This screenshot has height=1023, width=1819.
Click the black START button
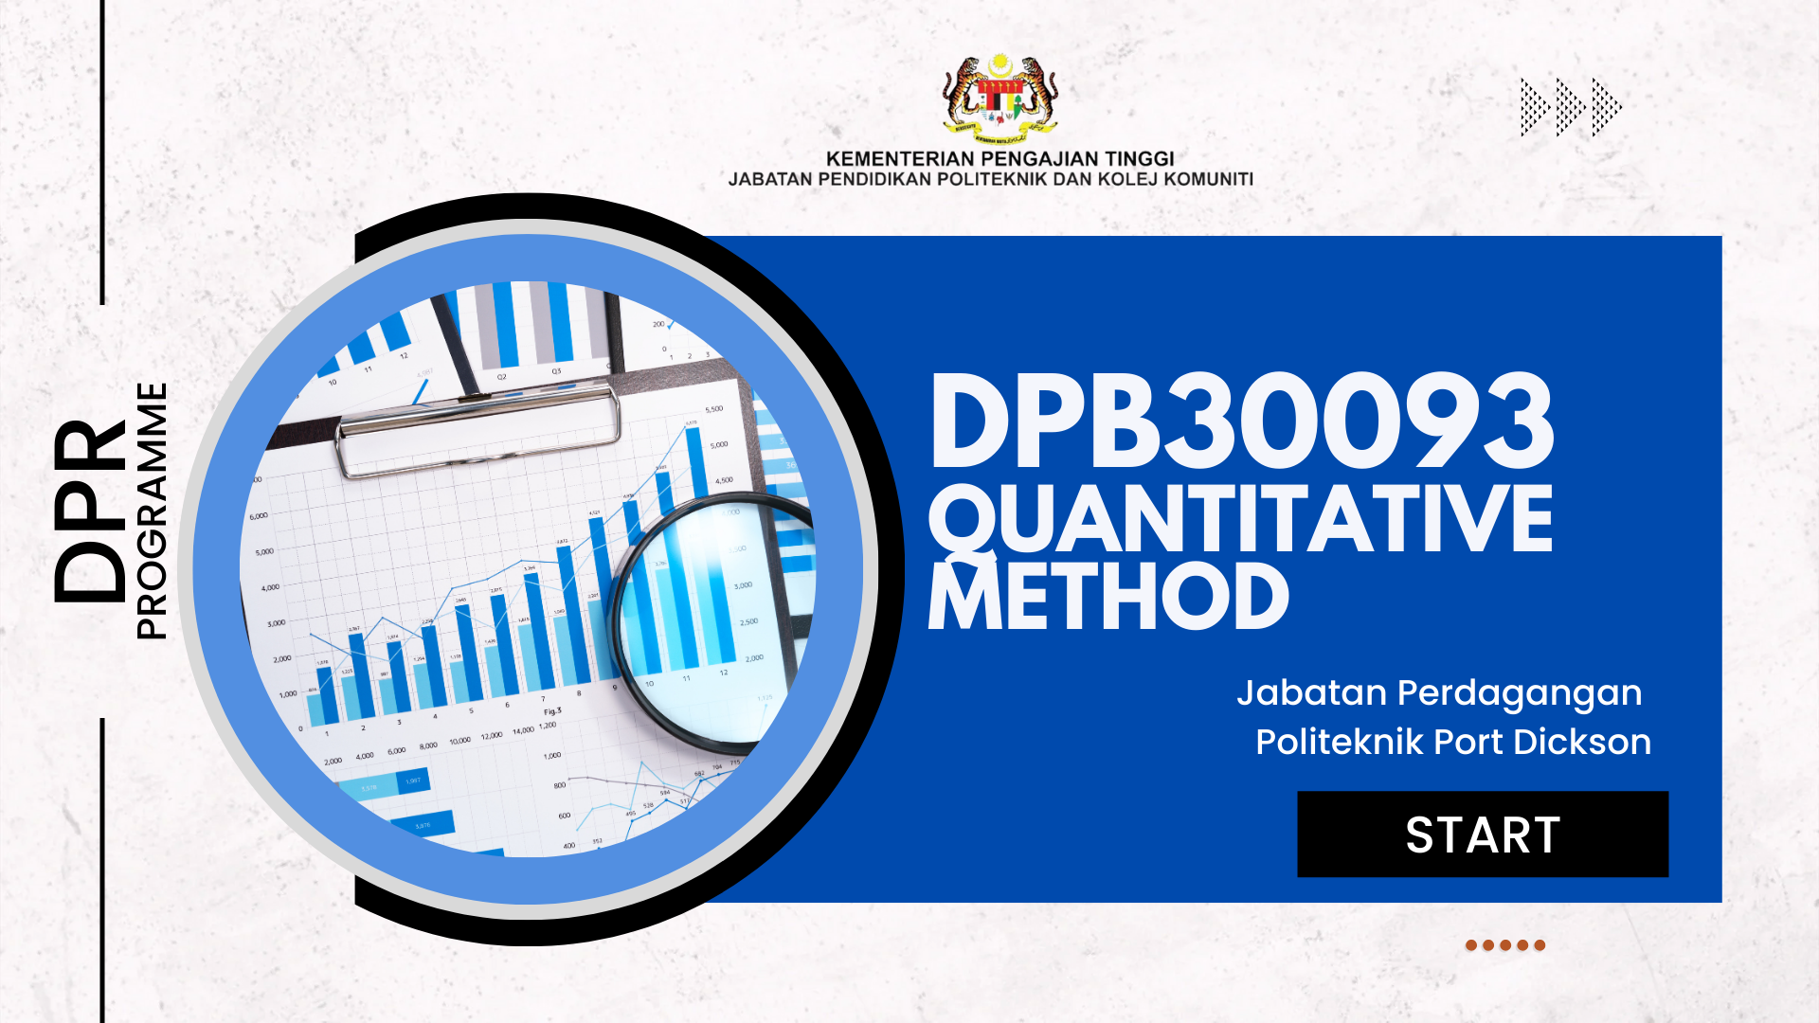click(1482, 835)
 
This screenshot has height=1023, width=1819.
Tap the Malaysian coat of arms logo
click(1000, 97)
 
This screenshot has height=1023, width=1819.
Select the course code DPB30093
click(1241, 422)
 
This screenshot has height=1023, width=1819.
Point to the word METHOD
click(1108, 597)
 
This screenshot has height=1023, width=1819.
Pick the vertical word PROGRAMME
click(152, 511)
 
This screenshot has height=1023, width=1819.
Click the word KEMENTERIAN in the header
click(899, 158)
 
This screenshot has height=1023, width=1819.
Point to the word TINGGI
click(1139, 158)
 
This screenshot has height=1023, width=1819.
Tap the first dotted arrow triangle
click(1534, 107)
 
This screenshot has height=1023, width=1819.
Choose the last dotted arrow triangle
click(1606, 107)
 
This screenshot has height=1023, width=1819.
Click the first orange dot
click(1471, 945)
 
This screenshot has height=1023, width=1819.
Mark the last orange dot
click(1540, 945)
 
